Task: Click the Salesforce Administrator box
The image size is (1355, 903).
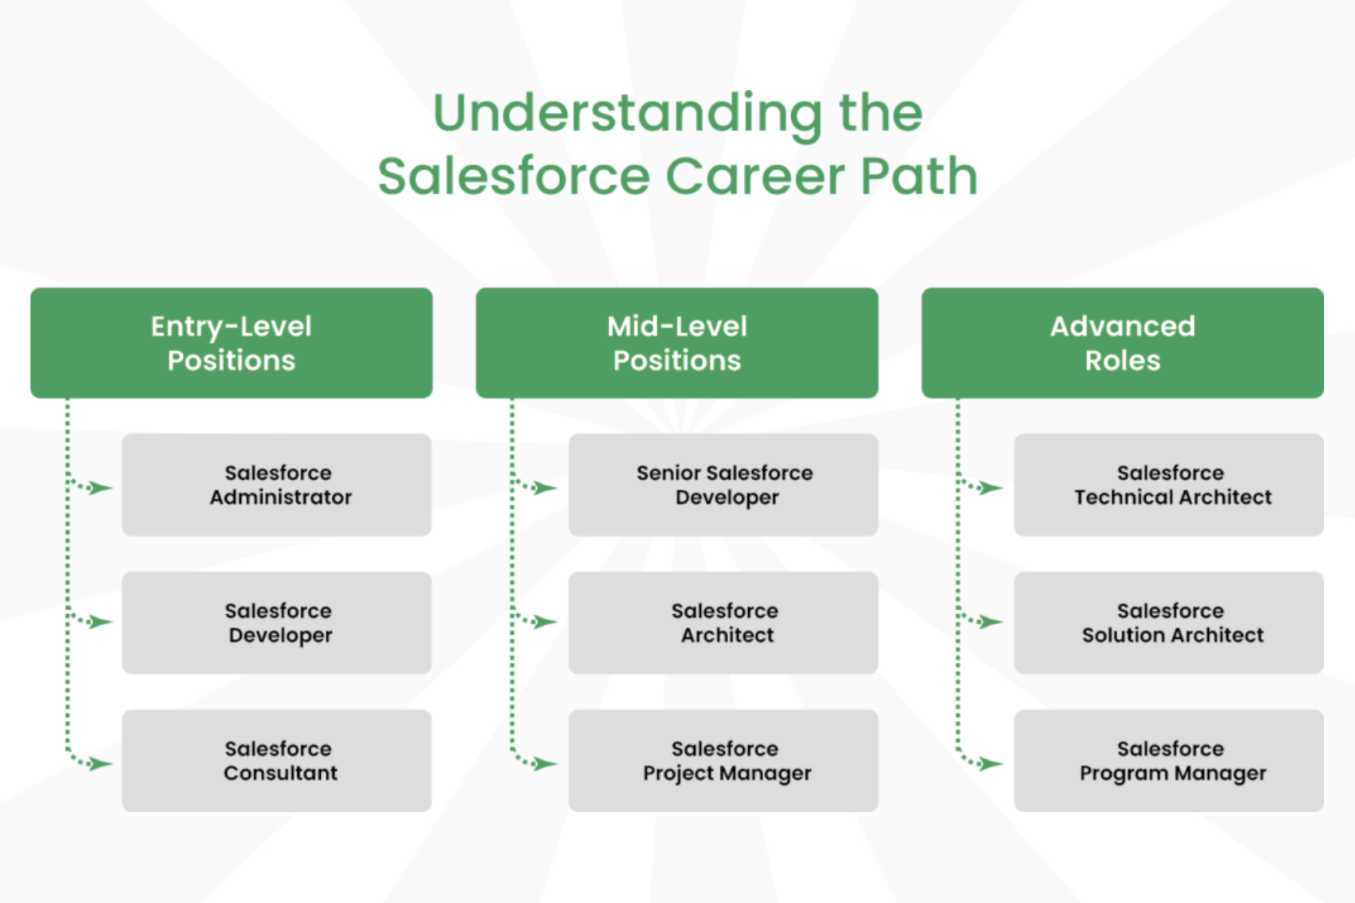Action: [277, 485]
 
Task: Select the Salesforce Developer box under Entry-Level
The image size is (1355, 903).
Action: [277, 622]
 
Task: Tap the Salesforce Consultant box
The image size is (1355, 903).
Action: [277, 760]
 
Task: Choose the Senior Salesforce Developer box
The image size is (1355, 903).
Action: [723, 485]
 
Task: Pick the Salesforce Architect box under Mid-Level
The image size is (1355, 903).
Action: [723, 622]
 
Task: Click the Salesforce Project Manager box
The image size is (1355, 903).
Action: [723, 760]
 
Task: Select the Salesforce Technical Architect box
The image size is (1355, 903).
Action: [1168, 485]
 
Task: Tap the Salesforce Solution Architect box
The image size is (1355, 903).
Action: [1168, 622]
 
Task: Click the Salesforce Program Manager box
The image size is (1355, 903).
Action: [1168, 760]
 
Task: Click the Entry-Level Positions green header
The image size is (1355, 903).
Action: [231, 342]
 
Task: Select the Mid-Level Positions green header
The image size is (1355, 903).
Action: [677, 342]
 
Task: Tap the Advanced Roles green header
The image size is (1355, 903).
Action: [1122, 342]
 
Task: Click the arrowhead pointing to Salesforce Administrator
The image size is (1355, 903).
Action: [100, 488]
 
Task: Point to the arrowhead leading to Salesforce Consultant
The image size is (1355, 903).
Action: [100, 764]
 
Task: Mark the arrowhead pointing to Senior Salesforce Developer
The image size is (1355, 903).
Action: [545, 488]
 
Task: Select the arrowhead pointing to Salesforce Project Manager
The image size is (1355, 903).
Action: [545, 764]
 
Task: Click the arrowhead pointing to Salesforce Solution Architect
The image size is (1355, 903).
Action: [991, 622]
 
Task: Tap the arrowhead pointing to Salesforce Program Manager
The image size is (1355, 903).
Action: [991, 764]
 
